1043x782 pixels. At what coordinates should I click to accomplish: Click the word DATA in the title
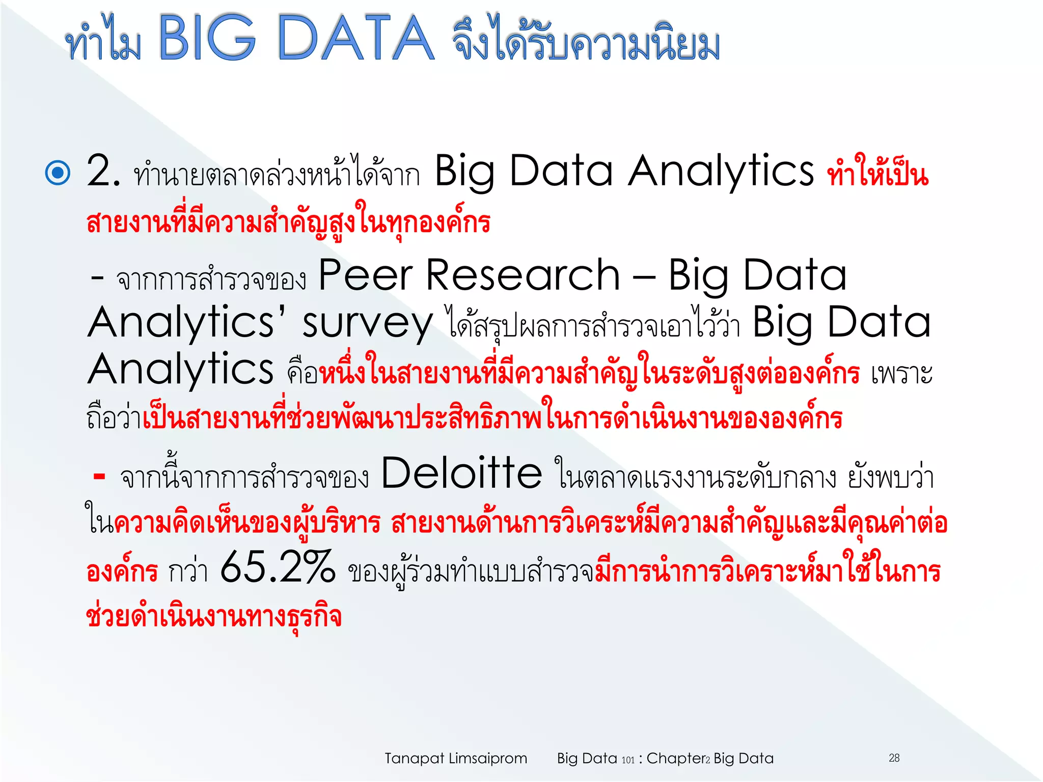tap(355, 38)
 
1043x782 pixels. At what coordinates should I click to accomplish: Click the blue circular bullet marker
tap(58, 173)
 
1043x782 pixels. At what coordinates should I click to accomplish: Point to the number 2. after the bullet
tap(103, 172)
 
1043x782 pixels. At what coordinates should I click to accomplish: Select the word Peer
tap(365, 275)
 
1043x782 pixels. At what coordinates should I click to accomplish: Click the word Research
tap(523, 275)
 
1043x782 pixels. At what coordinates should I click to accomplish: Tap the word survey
tap(367, 324)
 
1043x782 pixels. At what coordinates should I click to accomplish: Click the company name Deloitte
tap(461, 473)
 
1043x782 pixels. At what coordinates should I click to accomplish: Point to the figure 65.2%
tap(278, 568)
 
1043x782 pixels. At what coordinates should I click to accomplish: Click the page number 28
tap(894, 758)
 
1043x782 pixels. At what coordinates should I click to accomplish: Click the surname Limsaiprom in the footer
tap(487, 759)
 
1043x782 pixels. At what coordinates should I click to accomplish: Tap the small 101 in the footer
tap(628, 760)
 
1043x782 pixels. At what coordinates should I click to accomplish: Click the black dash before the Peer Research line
tap(97, 278)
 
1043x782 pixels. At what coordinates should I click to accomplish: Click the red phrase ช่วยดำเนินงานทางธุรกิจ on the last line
tap(214, 617)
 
